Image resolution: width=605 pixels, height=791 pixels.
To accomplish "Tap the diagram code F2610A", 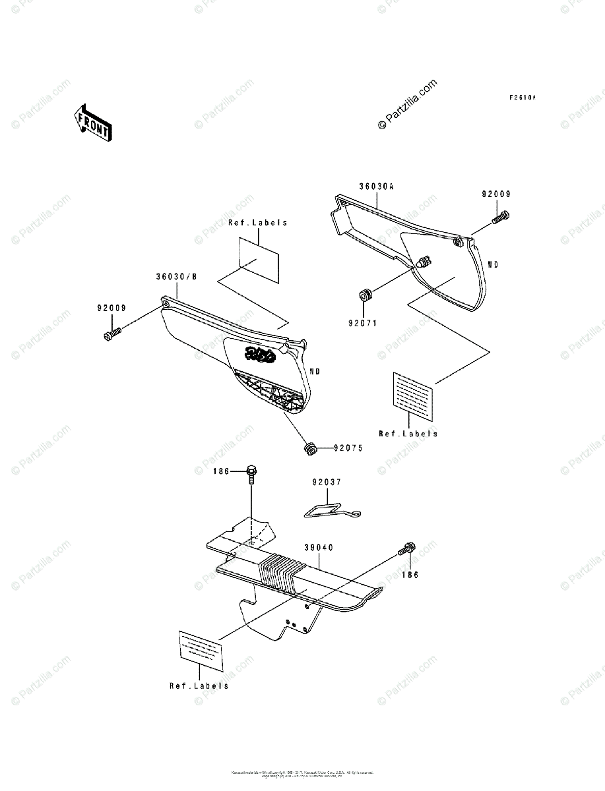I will pyautogui.click(x=522, y=98).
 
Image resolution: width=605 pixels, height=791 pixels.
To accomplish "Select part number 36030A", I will pyautogui.click(x=376, y=187).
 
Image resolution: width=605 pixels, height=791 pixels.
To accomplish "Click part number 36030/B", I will pyautogui.click(x=176, y=278).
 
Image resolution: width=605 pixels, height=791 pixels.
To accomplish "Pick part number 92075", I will pyautogui.click(x=348, y=448).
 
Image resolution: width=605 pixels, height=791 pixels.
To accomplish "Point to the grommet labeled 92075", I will pyautogui.click(x=307, y=449).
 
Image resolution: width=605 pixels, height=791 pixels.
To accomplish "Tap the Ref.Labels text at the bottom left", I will pyautogui.click(x=199, y=686).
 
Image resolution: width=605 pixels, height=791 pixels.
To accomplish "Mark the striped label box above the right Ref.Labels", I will pyautogui.click(x=414, y=395).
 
